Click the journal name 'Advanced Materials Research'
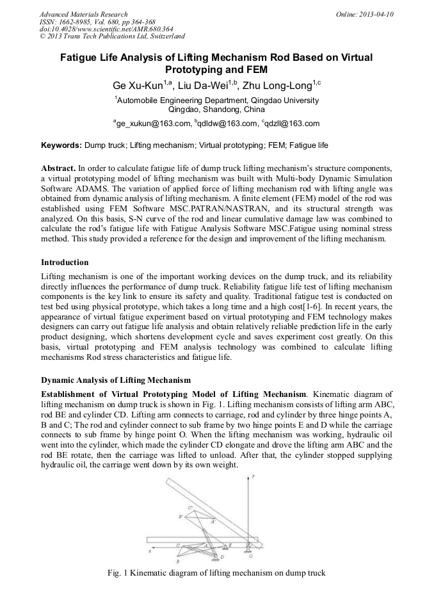pyautogui.click(x=84, y=14)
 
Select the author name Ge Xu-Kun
pyautogui.click(x=133, y=85)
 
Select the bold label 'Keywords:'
pyautogui.click(x=61, y=146)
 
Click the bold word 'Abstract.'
pyautogui.click(x=59, y=167)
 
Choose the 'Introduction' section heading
pyautogui.click(x=65, y=263)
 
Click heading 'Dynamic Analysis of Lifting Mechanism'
pyautogui.click(x=116, y=380)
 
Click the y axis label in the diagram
pyautogui.click(x=254, y=476)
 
